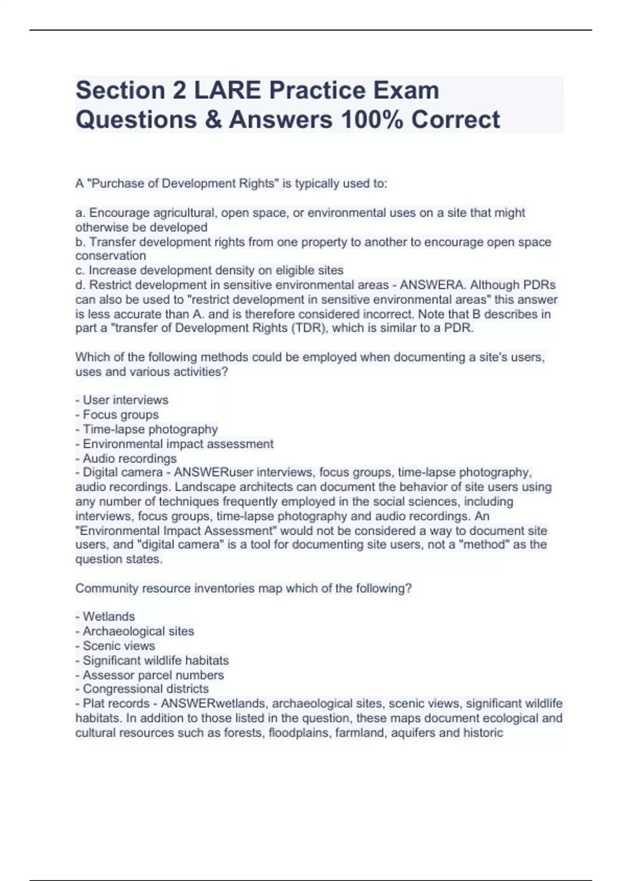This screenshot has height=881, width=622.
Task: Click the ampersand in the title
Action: point(213,120)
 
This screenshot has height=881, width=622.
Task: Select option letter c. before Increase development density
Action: point(80,271)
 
